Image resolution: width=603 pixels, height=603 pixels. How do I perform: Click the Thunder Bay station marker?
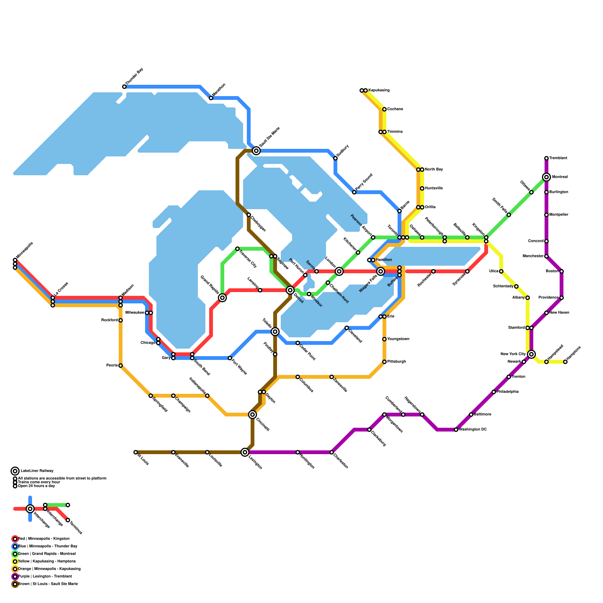tap(124, 87)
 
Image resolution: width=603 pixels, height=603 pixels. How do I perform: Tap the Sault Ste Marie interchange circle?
tap(256, 151)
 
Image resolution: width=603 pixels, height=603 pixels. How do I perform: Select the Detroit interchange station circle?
tap(290, 290)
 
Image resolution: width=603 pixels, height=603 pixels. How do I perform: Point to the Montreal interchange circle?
tap(546, 177)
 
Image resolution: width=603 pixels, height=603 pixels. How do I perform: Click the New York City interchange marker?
tap(531, 354)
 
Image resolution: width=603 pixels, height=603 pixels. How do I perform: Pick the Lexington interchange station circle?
tap(245, 452)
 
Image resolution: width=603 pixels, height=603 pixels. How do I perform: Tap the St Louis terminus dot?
tap(136, 452)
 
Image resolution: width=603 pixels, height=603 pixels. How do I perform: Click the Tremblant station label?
tap(558, 158)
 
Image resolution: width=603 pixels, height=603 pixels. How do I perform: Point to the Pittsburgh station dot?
tap(384, 362)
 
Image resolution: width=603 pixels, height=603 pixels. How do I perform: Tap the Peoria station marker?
tap(121, 366)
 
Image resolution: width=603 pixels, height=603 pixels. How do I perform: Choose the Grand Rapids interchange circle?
tap(222, 298)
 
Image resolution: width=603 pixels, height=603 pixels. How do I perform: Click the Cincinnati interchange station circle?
tap(253, 415)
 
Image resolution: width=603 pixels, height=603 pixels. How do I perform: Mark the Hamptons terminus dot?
tap(565, 362)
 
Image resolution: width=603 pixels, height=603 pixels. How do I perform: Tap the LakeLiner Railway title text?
tap(37, 471)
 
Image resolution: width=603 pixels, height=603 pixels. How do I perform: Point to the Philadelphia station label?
tap(508, 392)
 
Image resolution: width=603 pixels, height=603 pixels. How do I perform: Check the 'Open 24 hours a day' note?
tap(37, 486)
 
